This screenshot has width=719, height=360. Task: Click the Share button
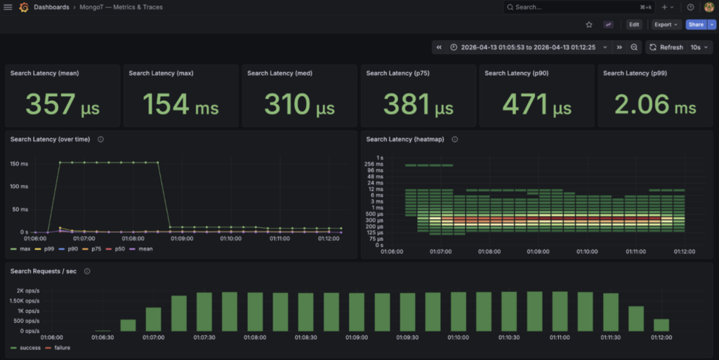tap(696, 25)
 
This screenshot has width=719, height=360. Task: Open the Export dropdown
tap(666, 25)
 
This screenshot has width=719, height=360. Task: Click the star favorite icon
tap(589, 25)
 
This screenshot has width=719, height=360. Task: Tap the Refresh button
tap(667, 47)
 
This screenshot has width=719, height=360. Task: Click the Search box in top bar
tap(579, 7)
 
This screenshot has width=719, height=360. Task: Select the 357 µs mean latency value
tap(62, 105)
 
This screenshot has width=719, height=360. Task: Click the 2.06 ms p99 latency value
tap(655, 105)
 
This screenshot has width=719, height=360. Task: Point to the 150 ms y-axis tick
tap(19, 164)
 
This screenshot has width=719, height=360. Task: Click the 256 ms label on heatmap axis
tap(374, 164)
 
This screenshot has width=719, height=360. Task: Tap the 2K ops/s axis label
tap(28, 291)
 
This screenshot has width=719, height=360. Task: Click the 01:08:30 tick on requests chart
tap(305, 338)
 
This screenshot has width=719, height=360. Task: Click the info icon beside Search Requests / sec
tap(87, 272)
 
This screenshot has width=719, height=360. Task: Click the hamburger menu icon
tap(8, 7)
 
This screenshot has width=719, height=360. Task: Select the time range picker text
tap(528, 47)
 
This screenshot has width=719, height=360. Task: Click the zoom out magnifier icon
tap(634, 47)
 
